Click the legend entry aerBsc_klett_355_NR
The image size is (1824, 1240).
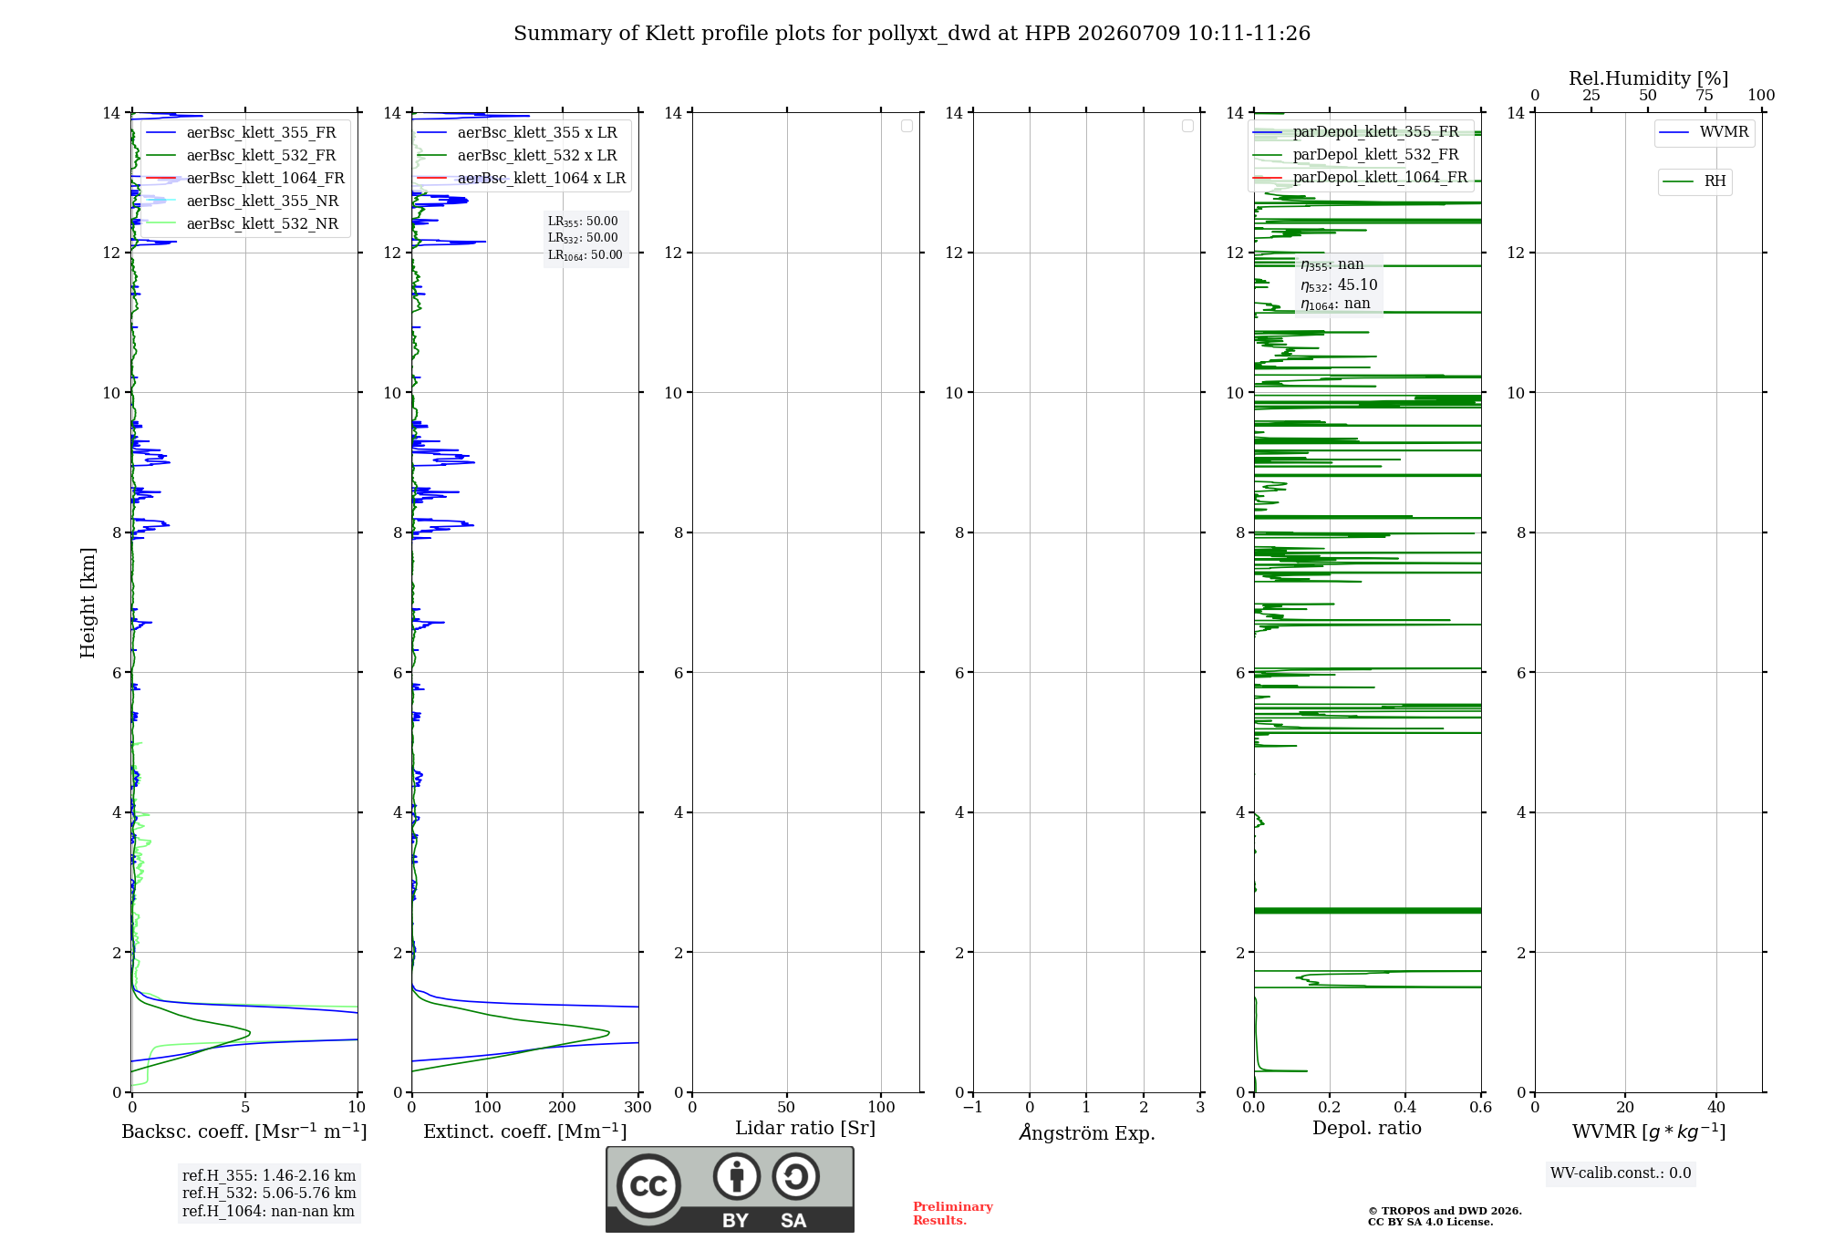(243, 201)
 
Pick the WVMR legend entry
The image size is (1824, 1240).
(1704, 132)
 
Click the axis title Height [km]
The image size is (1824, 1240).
(88, 603)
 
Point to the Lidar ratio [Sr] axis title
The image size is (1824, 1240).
(805, 1129)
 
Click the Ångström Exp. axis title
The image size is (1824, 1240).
(1087, 1132)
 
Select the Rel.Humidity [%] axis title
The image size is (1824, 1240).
(1649, 78)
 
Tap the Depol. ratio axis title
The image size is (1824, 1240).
(1367, 1128)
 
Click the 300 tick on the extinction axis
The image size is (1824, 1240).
(638, 1107)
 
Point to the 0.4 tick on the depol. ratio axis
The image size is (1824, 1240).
(1405, 1107)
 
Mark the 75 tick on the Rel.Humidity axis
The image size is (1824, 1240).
(1705, 96)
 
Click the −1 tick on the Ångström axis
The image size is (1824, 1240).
(973, 1107)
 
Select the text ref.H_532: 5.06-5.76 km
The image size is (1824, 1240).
(269, 1193)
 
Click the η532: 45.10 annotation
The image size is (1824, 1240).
(1339, 285)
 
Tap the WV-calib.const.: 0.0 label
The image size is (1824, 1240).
(1621, 1173)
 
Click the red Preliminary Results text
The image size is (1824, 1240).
(953, 1214)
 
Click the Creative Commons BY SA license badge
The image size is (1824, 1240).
(730, 1189)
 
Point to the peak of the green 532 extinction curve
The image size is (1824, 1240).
(609, 1032)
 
